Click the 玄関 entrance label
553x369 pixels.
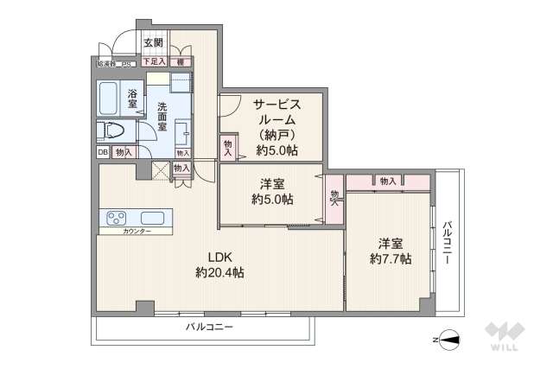click(x=153, y=42)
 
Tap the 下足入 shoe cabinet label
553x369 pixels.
click(x=154, y=62)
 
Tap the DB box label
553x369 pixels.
click(x=103, y=152)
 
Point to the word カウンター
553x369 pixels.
click(x=137, y=232)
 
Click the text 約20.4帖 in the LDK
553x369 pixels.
click(x=219, y=272)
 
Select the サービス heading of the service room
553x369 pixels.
click(x=276, y=104)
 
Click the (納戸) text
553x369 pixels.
click(x=276, y=135)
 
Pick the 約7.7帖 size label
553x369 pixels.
click(x=391, y=258)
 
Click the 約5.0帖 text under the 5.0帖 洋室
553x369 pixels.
click(x=272, y=199)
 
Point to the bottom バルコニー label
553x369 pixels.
click(x=209, y=327)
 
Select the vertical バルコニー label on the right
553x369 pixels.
click(x=447, y=242)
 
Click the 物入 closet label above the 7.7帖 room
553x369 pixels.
click(x=387, y=181)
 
